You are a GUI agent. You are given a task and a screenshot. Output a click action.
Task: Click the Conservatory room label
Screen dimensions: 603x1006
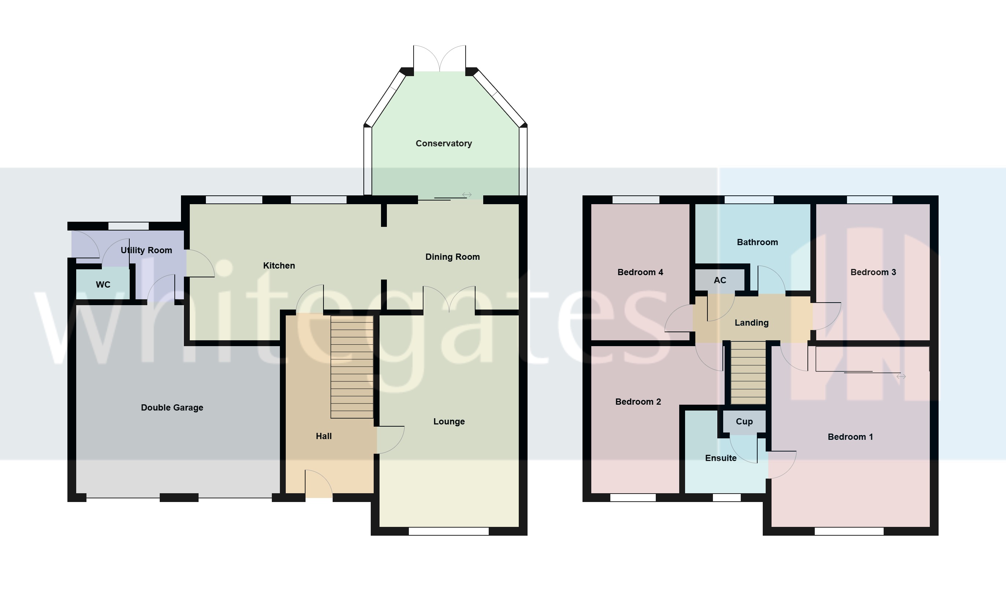[x=443, y=143]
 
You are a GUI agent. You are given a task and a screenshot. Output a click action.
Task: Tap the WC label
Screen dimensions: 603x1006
[x=103, y=284]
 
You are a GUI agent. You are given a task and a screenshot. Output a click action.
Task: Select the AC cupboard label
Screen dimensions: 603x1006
[x=720, y=280]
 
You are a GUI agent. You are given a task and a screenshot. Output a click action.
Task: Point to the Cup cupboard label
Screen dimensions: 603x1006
[x=744, y=422]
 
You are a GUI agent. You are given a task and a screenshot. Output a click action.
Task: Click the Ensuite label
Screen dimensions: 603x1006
[x=721, y=458]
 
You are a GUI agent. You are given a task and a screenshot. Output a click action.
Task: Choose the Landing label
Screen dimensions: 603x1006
[x=751, y=323]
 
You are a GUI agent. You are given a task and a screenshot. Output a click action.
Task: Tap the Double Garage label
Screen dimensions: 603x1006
[x=172, y=408]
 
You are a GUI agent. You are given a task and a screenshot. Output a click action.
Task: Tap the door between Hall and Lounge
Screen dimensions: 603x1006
[x=389, y=440]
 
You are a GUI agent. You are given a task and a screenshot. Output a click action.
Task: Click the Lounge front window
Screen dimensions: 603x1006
[x=448, y=531]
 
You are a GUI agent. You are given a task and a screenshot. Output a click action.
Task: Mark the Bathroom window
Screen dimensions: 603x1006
[x=748, y=200]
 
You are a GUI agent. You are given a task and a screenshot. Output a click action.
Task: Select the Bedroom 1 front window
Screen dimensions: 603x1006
[x=849, y=531]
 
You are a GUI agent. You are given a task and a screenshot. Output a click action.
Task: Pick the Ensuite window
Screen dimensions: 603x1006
[x=726, y=497]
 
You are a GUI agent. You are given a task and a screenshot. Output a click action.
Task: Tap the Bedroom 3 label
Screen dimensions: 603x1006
[x=873, y=272]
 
